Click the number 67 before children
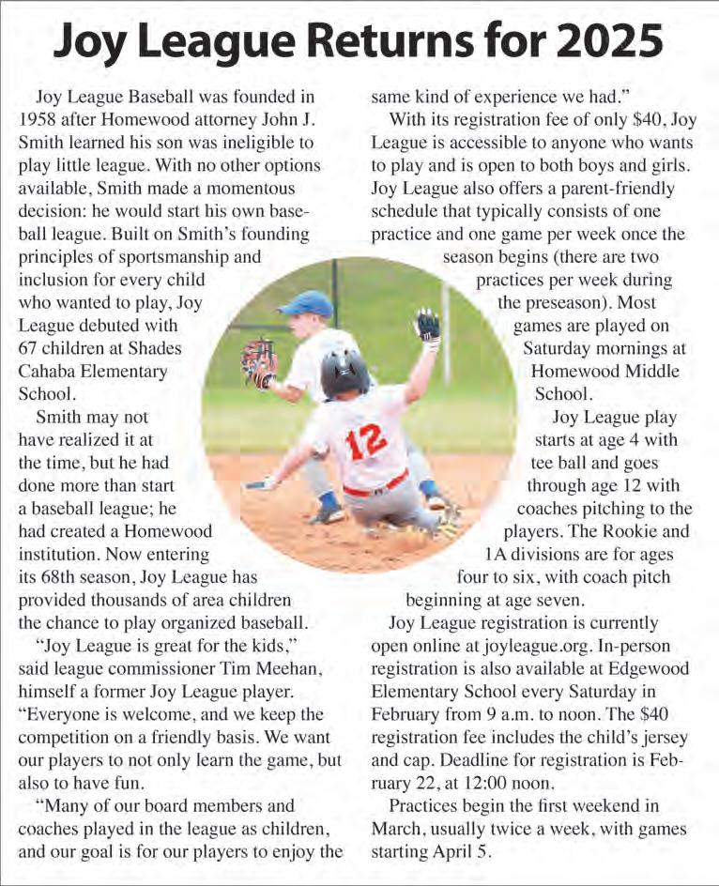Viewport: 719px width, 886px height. [29, 348]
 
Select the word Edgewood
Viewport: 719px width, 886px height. [649, 667]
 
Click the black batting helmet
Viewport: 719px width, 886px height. [345, 371]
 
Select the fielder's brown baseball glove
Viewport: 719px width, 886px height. [258, 361]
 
